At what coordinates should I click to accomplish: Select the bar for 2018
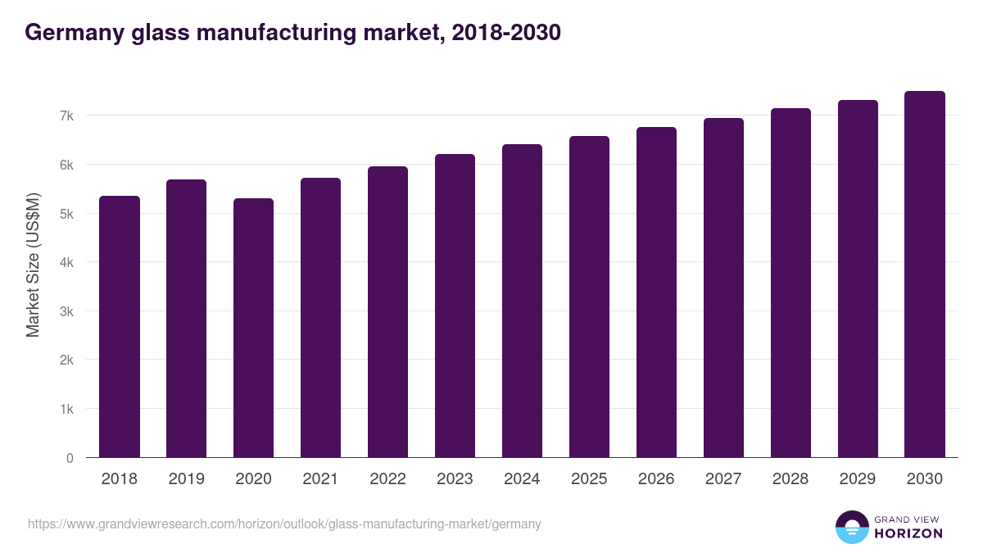(x=120, y=327)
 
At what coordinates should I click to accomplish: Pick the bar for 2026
(x=657, y=292)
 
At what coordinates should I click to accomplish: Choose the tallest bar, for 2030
(x=925, y=274)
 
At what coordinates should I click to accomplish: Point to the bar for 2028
(x=790, y=283)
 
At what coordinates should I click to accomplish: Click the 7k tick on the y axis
(x=66, y=116)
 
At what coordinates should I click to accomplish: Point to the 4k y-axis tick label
(x=66, y=263)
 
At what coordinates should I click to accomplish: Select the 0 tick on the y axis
(x=70, y=458)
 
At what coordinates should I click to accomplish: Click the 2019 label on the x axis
(x=187, y=479)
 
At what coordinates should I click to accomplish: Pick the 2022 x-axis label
(x=388, y=479)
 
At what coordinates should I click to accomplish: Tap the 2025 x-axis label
(x=590, y=479)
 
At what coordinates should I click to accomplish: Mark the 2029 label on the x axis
(x=858, y=479)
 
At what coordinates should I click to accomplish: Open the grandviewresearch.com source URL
(x=284, y=524)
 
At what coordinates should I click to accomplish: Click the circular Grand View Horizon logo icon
(x=852, y=527)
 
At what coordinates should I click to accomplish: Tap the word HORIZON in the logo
(x=908, y=533)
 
